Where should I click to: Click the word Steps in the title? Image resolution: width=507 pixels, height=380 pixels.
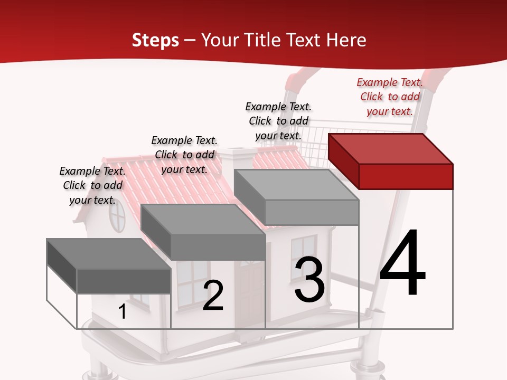point(155,40)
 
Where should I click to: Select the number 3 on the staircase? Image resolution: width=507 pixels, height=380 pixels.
point(309,280)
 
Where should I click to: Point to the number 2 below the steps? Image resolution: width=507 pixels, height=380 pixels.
point(213,296)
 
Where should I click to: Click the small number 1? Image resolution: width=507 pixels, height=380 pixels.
point(123,311)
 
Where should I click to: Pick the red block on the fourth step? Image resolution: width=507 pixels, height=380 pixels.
point(391,161)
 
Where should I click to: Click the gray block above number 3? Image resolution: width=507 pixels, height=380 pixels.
point(297,196)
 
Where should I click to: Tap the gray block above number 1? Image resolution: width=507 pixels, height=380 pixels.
point(109,265)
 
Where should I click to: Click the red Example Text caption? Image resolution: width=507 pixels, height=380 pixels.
point(390,97)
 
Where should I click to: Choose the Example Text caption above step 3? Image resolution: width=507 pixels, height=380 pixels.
point(278,121)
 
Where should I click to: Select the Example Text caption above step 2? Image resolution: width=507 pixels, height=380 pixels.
point(184,155)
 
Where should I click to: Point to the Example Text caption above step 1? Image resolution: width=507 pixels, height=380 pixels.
point(92,185)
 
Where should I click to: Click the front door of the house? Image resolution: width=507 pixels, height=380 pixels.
point(250,288)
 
